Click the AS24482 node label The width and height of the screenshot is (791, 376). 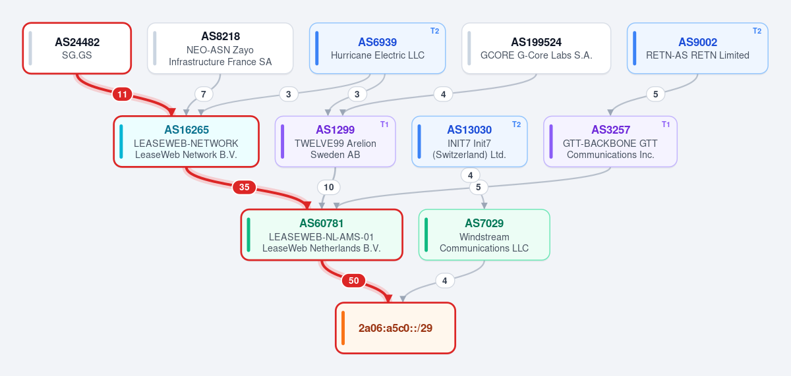click(77, 42)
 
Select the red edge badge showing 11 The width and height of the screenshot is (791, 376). click(122, 94)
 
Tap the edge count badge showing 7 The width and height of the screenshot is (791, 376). click(204, 94)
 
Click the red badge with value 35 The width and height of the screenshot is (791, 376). click(244, 187)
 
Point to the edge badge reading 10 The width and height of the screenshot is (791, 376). click(328, 187)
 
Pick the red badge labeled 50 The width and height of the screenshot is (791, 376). click(353, 281)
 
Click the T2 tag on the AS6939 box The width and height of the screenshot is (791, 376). click(434, 31)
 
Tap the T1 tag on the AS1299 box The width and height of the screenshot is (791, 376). click(384, 124)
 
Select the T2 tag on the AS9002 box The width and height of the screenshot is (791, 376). click(757, 31)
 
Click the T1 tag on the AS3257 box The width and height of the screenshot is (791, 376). click(666, 124)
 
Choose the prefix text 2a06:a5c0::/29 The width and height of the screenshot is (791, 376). click(395, 328)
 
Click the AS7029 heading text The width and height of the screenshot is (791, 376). click(484, 223)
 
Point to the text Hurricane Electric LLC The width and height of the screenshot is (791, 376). click(378, 55)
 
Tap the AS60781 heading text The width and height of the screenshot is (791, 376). click(322, 223)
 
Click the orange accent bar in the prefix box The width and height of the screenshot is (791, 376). click(343, 328)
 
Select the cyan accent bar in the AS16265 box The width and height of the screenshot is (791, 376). click(121, 142)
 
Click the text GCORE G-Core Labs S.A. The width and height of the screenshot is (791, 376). click(536, 55)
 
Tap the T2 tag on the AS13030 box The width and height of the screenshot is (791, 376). click(516, 124)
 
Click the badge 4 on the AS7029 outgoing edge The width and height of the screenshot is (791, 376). click(444, 281)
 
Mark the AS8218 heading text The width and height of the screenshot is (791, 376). click(220, 36)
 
